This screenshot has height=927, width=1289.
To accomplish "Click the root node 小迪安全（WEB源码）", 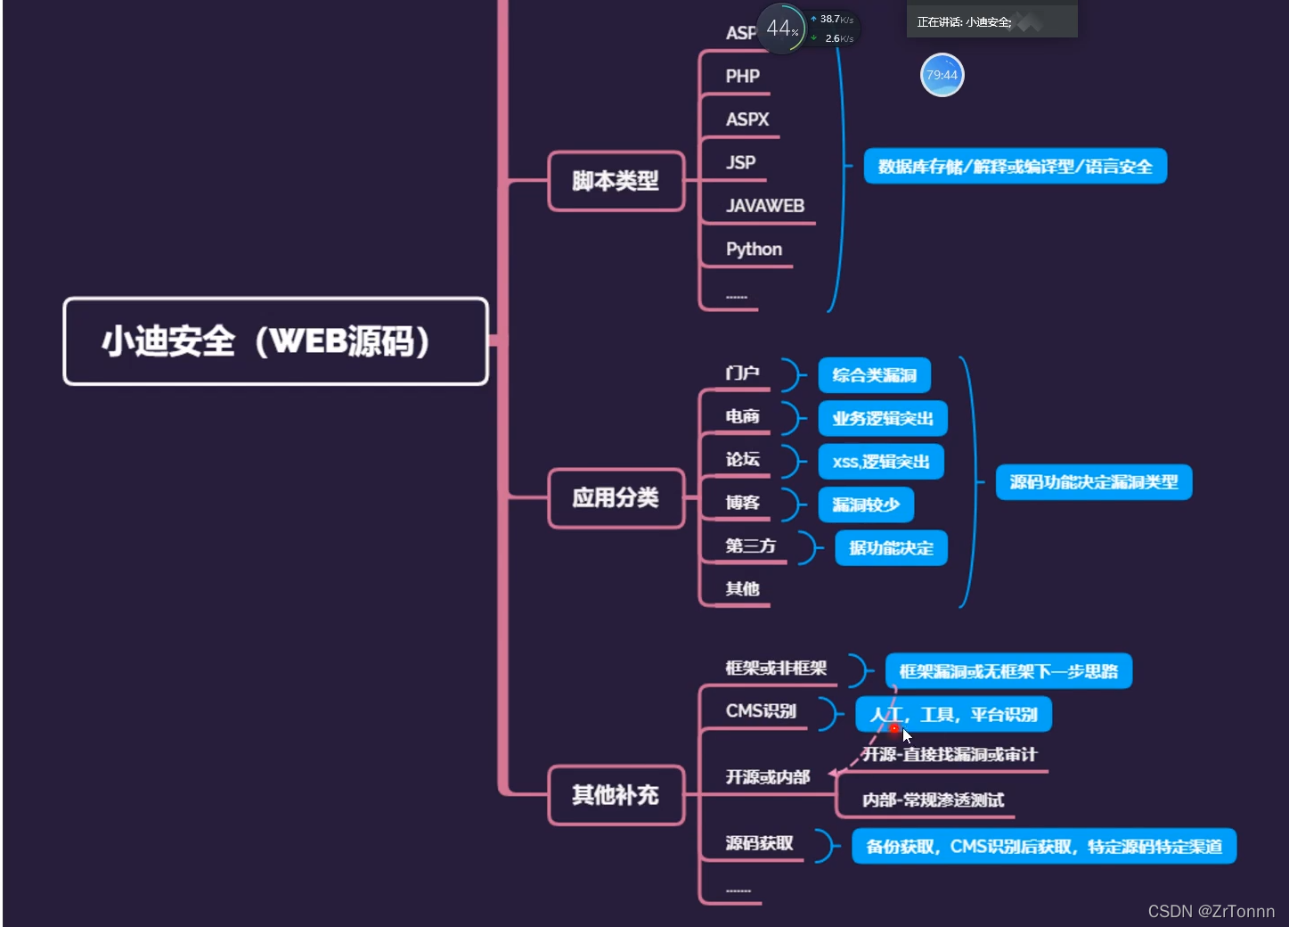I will [275, 341].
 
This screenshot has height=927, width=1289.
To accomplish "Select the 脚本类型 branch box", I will [616, 181].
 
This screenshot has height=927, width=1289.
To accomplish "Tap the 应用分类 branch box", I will [616, 497].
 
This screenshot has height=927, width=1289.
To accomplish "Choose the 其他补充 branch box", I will [616, 794].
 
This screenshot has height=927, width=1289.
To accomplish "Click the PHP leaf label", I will [742, 77].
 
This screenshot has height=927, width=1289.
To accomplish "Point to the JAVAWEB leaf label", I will [764, 206].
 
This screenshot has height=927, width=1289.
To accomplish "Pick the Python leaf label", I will [754, 250].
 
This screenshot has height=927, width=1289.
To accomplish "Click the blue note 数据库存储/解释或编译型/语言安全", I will [1015, 167].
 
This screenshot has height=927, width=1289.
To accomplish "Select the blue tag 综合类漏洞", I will [874, 375].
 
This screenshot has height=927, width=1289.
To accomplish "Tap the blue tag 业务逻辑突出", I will [882, 419].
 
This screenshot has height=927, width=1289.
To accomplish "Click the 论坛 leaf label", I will [742, 460].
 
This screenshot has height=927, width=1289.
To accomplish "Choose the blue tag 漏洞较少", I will [866, 505].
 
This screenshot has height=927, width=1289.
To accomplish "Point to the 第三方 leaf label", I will [750, 546].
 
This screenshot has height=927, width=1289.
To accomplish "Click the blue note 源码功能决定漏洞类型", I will [1093, 482].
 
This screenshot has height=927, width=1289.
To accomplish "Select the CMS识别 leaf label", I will [761, 711].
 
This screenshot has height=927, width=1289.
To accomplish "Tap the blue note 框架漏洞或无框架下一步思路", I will [1008, 671].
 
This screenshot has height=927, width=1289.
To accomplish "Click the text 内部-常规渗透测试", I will [933, 800].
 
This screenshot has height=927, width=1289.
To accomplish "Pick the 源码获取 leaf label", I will [759, 843].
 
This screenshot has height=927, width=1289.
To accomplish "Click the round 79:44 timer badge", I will [942, 75].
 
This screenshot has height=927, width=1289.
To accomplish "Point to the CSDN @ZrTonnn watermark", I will [1211, 911].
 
